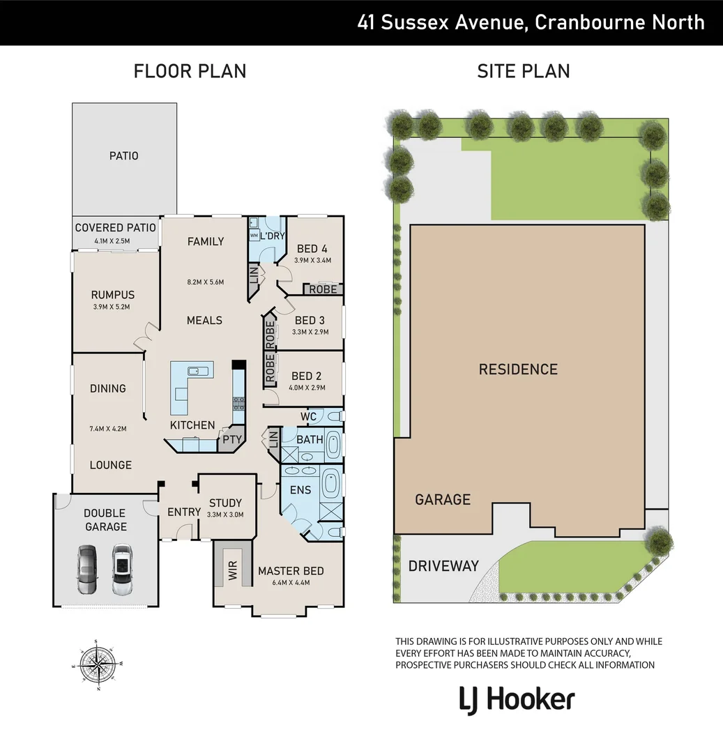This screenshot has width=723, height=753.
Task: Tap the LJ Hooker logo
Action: click(x=517, y=699)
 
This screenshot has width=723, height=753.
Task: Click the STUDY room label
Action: click(x=225, y=503)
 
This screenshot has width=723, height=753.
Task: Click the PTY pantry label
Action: click(x=229, y=440)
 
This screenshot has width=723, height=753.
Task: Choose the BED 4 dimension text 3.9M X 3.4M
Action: click(x=312, y=260)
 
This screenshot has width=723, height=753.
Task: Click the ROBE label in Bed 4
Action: click(x=323, y=289)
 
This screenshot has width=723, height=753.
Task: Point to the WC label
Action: click(x=309, y=417)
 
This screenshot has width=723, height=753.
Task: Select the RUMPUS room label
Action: click(x=112, y=295)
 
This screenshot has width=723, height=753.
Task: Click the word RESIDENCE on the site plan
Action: click(x=518, y=370)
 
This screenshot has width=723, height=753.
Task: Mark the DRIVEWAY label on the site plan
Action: click(x=443, y=565)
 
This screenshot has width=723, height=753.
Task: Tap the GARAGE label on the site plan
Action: click(x=443, y=499)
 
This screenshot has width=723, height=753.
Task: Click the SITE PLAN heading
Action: click(x=523, y=71)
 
